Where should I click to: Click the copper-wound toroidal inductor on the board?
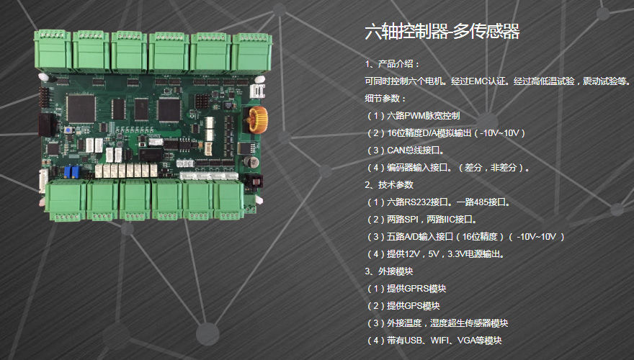pos(258,120)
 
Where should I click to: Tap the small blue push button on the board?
pos(68,131)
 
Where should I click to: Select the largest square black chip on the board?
pos(81,108)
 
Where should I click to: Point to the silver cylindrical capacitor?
pos(252,162)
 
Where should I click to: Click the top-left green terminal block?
pos(53,51)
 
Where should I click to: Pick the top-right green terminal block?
pos(251,53)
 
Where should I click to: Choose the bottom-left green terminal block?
pos(66,201)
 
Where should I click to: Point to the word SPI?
pos(411,220)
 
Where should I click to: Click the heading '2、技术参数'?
pos(389,185)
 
